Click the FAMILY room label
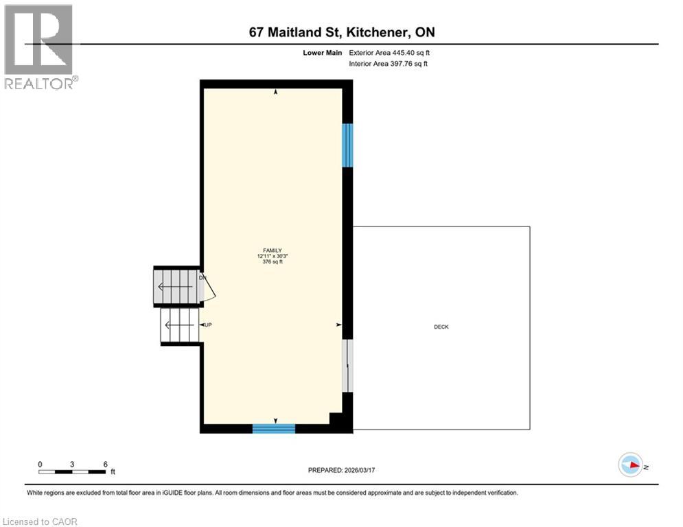pos(273,250)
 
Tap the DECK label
pos(441,327)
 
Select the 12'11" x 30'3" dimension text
pos(273,256)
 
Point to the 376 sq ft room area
pos(273,261)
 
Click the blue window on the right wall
pos(347,145)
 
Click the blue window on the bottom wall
pos(273,429)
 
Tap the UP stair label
pos(207,325)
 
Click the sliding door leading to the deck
pos(348,365)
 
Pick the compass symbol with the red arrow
pos(629,466)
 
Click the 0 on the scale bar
pos(40,464)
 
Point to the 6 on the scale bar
pos(105,464)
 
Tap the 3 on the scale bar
pos(73,464)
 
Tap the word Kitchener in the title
pos(380,32)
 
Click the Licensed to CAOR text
pos(40,522)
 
